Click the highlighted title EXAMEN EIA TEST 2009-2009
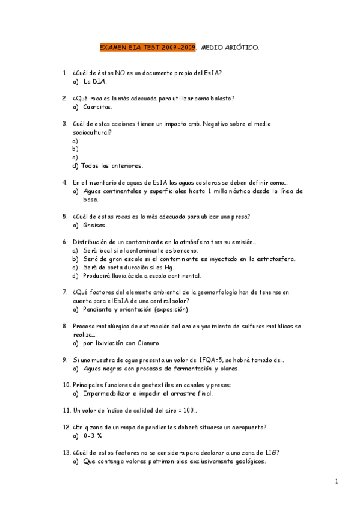(x=147, y=46)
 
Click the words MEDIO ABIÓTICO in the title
(x=230, y=46)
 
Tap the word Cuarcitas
(x=98, y=106)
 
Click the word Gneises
(x=96, y=225)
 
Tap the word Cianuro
(x=148, y=343)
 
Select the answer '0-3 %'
(x=93, y=435)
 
